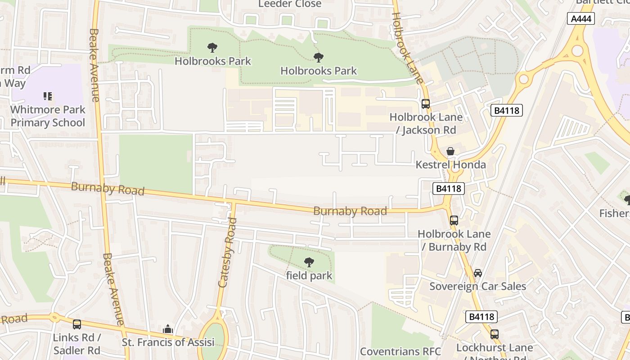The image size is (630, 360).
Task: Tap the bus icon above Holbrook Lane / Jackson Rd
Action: click(x=426, y=104)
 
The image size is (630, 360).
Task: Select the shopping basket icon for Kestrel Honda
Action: click(x=450, y=151)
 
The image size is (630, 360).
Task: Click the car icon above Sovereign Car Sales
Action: click(x=478, y=273)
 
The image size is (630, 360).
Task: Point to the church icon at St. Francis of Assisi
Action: click(x=168, y=329)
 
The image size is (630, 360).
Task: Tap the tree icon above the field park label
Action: click(x=309, y=262)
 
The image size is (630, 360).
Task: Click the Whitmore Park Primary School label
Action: click(x=48, y=116)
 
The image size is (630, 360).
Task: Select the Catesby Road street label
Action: click(x=227, y=253)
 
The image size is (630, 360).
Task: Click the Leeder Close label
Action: click(x=290, y=4)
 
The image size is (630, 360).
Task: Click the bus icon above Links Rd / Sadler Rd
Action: click(x=77, y=324)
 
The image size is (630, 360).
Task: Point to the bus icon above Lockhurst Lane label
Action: click(x=495, y=334)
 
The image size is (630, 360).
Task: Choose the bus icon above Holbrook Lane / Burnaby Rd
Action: click(x=454, y=220)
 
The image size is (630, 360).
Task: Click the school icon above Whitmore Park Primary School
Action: click(x=48, y=96)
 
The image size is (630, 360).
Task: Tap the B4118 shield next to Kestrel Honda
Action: click(x=448, y=189)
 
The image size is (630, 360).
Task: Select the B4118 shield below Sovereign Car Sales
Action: click(x=481, y=317)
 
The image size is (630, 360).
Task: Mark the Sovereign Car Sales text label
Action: click(x=477, y=286)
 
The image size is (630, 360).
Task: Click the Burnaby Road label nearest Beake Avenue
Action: click(x=108, y=188)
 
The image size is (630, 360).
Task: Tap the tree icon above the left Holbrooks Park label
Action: click(x=212, y=48)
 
